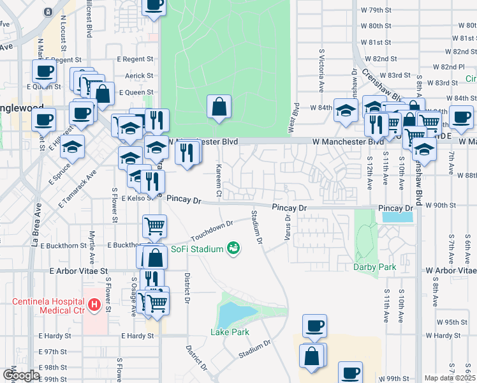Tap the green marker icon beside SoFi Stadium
234,248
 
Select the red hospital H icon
94,305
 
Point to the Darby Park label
375,267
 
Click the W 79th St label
375,10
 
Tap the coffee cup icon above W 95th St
314,326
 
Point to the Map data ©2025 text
449,378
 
